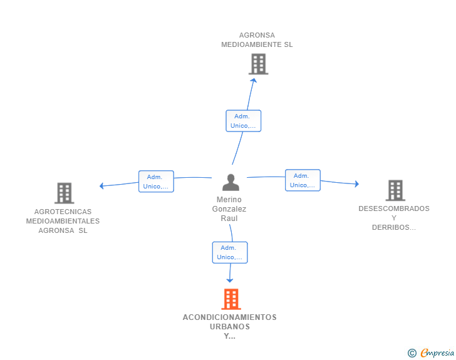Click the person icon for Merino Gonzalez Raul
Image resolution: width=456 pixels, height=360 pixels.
(231, 182)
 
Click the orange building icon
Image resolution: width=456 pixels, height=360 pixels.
(231, 299)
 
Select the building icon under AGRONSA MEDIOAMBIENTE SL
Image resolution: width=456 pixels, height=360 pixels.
(258, 64)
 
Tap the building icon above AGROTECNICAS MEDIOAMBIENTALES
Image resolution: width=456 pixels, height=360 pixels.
(65, 193)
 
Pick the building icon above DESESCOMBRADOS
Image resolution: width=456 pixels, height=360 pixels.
(395, 190)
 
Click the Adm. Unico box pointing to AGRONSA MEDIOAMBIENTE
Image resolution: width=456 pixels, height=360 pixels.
(244, 121)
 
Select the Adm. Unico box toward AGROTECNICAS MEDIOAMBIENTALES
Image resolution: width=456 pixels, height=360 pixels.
(156, 182)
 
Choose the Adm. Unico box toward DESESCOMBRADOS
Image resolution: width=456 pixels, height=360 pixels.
(303, 180)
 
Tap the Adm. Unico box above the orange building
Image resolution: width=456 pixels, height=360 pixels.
(230, 252)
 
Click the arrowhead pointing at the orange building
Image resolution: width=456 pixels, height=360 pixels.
(230, 280)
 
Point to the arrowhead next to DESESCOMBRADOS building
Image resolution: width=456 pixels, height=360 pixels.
(357, 184)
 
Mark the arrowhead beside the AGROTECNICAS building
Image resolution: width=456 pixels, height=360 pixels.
(101, 186)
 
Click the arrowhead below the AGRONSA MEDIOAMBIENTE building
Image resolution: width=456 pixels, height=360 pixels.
(254, 80)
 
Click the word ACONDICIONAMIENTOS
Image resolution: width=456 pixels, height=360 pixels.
(230, 317)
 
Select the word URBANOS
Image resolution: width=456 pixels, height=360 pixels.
(230, 327)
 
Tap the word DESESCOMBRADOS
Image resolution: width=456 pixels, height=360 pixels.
(394, 208)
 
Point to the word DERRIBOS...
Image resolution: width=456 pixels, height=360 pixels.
(391, 227)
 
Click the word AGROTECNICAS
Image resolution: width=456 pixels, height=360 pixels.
(63, 212)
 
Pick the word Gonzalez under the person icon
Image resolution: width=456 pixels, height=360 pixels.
(229, 209)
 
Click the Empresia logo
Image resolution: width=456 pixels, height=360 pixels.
(431, 352)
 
